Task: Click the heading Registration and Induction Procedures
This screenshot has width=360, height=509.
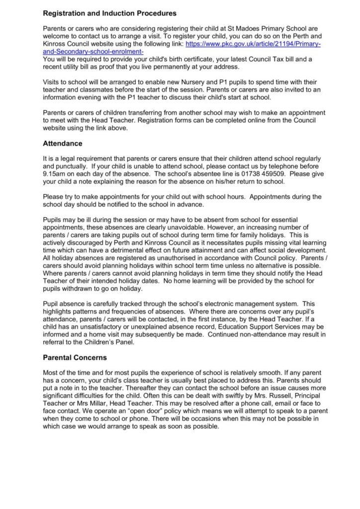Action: pos(109,13)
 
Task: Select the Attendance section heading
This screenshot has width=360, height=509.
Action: pos(63,144)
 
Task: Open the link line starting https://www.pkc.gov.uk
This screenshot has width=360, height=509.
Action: pos(253,44)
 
